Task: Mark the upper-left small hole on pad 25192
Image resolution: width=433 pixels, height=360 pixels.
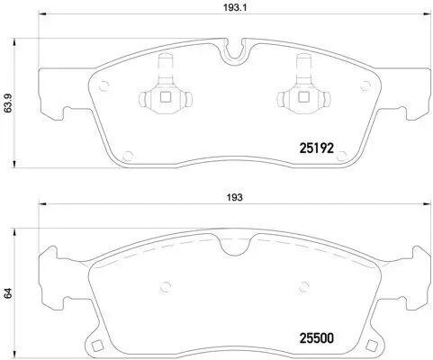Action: coord(104,87)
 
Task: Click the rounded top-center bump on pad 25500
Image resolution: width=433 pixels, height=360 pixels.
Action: coord(234,236)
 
